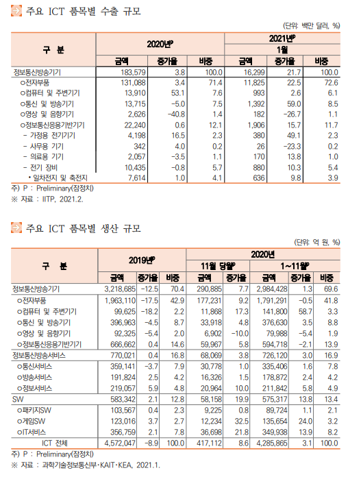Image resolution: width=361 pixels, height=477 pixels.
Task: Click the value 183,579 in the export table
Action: click(133, 73)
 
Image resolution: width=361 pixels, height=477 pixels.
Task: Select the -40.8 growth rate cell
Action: click(177, 114)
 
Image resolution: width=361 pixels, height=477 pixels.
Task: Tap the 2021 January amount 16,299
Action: click(254, 73)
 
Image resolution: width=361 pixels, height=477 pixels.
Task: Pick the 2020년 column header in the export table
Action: click(160, 45)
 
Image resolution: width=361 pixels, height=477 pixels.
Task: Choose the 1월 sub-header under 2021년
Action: click(282, 49)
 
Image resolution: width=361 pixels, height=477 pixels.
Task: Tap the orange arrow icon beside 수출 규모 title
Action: click(16, 11)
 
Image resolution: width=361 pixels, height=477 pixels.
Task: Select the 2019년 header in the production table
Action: click(142, 260)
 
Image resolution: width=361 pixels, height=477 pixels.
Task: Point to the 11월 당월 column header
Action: click(218, 266)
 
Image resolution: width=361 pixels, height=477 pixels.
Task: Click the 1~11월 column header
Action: click(295, 266)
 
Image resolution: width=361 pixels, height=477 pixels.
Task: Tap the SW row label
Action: click(18, 399)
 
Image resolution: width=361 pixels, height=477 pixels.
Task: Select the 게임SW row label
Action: click(32, 421)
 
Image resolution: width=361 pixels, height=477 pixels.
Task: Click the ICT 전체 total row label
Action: click(55, 443)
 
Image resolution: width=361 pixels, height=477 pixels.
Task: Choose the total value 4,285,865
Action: click(272, 443)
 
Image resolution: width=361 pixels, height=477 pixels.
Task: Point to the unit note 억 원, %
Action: click(317, 243)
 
